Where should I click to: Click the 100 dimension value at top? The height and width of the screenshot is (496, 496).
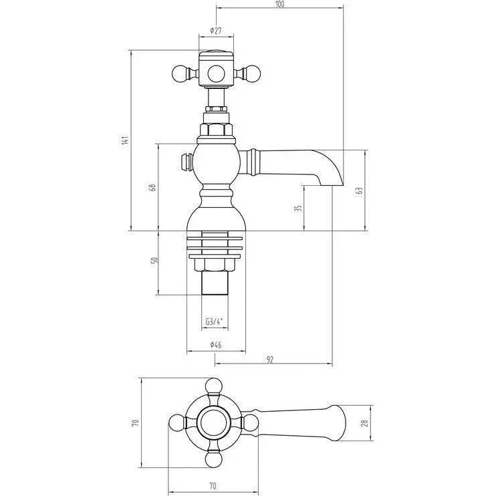point(279,4)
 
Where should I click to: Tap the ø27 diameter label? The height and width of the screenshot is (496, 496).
point(216,30)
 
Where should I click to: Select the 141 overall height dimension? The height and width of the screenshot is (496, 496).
point(126,140)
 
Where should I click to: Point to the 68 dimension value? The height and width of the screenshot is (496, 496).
point(153,187)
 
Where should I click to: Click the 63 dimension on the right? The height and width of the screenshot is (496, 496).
point(360,191)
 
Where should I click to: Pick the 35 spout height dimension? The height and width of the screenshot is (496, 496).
point(299,208)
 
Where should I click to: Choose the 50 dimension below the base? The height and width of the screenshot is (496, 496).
point(154,261)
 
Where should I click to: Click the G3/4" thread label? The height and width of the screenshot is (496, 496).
point(215,322)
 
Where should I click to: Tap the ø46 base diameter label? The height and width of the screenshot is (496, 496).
point(216,345)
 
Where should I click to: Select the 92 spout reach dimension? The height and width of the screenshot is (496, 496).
point(269,360)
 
